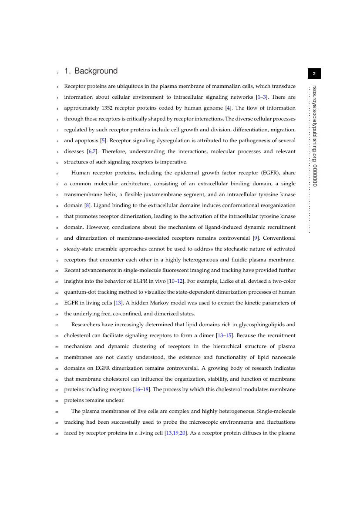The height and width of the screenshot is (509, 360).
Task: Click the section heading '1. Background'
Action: [x=91, y=71]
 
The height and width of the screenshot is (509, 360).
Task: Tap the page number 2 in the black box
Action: [x=314, y=74]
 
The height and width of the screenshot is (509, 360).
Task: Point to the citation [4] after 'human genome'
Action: [x=228, y=108]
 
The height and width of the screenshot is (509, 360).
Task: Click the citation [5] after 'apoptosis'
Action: [x=103, y=141]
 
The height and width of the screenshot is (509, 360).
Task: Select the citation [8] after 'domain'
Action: [x=87, y=205]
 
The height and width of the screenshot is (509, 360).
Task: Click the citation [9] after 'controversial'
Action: [x=256, y=238]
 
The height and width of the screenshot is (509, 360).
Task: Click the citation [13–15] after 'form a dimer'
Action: [x=225, y=335]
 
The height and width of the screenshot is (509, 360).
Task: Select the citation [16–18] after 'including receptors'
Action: [x=143, y=389]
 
